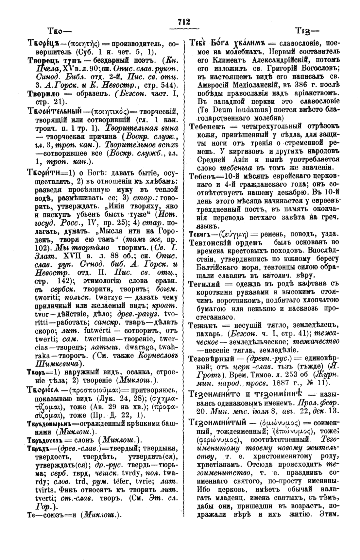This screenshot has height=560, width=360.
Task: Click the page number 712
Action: point(184,22)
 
